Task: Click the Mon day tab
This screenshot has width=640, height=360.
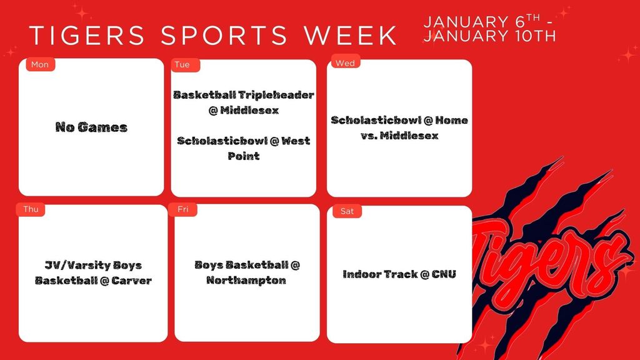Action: click(x=40, y=64)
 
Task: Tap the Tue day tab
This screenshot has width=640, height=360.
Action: click(x=182, y=64)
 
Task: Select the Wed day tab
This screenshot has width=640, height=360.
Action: click(x=345, y=63)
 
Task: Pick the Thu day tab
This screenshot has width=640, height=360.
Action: click(x=31, y=209)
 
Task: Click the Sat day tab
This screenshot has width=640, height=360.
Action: click(x=347, y=211)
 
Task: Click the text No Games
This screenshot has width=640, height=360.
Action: click(x=91, y=127)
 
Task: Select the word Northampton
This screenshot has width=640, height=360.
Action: click(x=246, y=280)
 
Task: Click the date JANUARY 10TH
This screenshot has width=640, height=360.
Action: click(x=489, y=36)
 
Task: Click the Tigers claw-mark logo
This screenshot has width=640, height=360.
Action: click(x=550, y=256)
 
